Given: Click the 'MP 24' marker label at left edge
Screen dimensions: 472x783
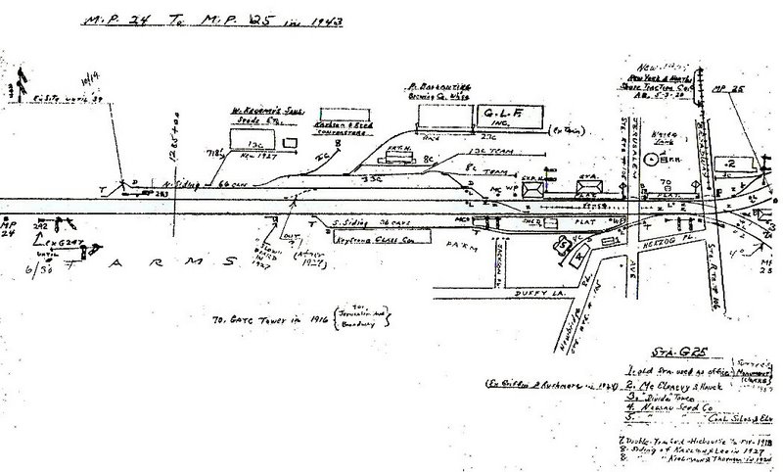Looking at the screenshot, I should (x=12, y=233).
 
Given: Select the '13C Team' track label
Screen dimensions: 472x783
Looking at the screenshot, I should (x=470, y=152).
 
